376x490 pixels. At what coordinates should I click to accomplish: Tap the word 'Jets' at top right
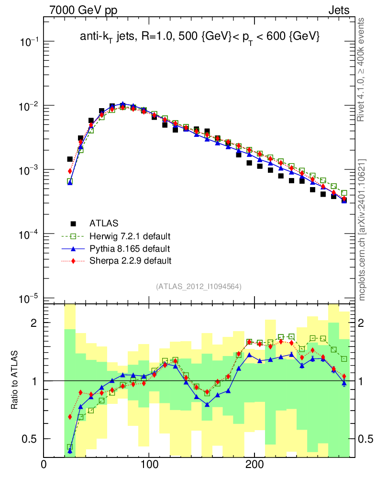coord(338,10)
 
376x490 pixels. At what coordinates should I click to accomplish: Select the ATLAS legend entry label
coord(104,223)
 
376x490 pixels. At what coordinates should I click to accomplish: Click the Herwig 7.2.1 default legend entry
coord(130,236)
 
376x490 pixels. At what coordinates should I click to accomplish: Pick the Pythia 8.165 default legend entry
coord(129,248)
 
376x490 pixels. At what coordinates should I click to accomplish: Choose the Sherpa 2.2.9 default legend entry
coord(130,261)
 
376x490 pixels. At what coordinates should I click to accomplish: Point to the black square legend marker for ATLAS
coord(73,223)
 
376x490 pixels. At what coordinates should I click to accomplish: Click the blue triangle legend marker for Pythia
coord(73,248)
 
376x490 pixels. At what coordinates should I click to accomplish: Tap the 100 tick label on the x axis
coord(149,465)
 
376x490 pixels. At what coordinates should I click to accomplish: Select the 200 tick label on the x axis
coord(254,465)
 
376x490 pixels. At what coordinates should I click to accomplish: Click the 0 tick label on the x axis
coord(44,465)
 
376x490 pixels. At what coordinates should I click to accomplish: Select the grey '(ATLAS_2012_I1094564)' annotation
coord(199,287)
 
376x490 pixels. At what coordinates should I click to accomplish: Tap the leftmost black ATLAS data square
coord(70,159)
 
